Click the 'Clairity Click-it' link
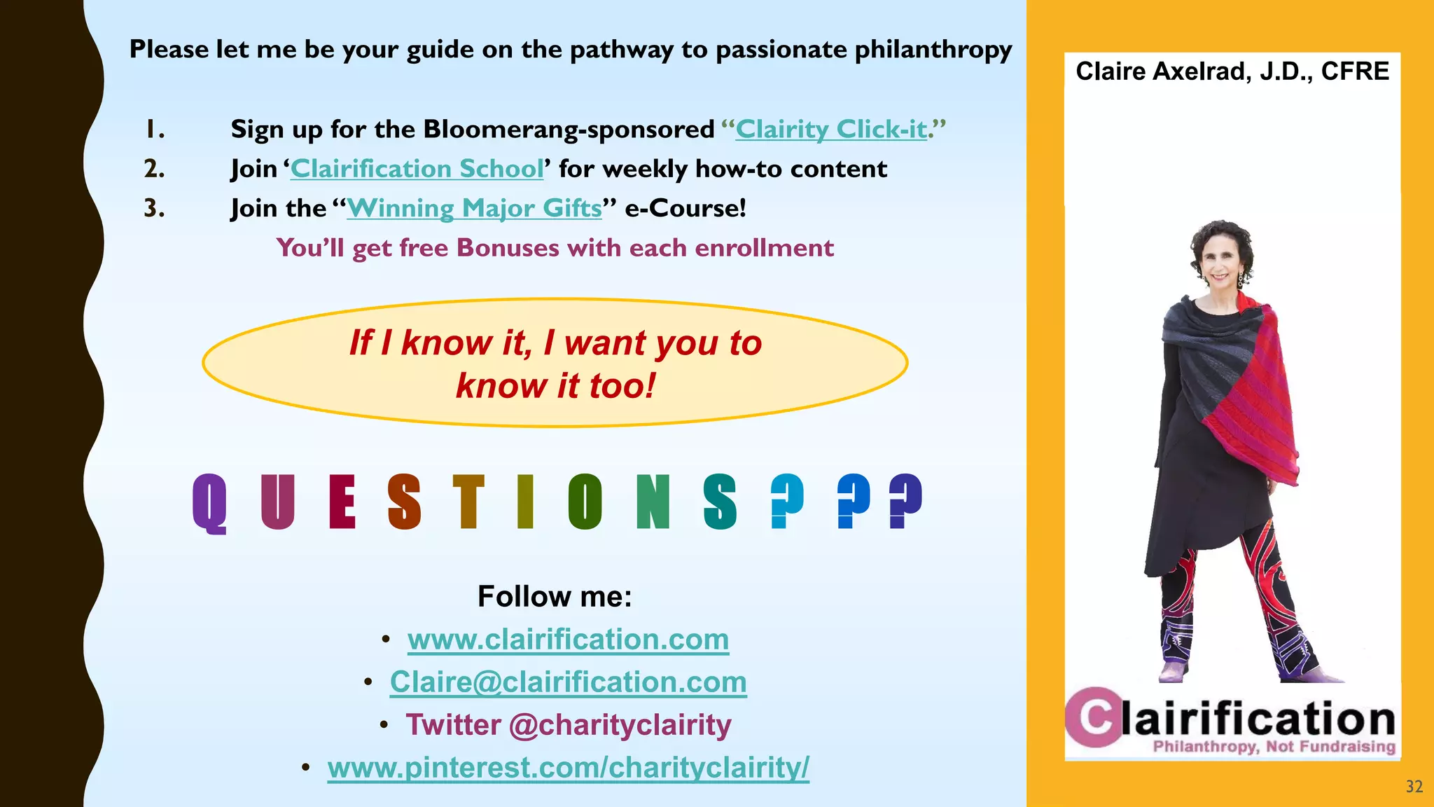pyautogui.click(x=831, y=130)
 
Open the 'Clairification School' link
pyautogui.click(x=417, y=169)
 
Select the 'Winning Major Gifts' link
pyautogui.click(x=474, y=208)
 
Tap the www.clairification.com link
pyautogui.click(x=568, y=640)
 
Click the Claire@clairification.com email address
pyautogui.click(x=568, y=682)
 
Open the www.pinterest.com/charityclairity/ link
pyautogui.click(x=568, y=768)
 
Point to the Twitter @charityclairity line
pyautogui.click(x=568, y=725)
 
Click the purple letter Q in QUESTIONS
pyautogui.click(x=209, y=503)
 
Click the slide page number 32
pyautogui.click(x=1414, y=787)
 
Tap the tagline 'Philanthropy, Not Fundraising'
pyautogui.click(x=1274, y=747)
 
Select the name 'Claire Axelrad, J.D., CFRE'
pyautogui.click(x=1232, y=71)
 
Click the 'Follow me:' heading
pyautogui.click(x=555, y=597)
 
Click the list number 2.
pyautogui.click(x=154, y=169)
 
